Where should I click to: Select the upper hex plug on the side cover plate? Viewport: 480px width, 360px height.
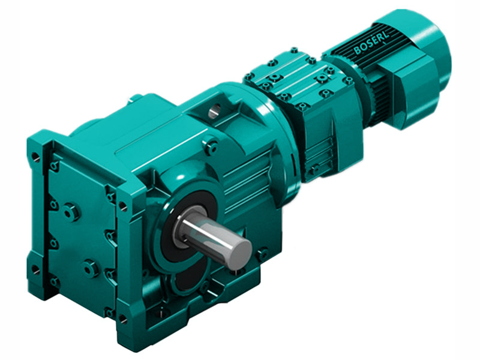(x=70, y=211)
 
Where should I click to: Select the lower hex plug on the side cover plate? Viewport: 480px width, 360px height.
(x=91, y=268)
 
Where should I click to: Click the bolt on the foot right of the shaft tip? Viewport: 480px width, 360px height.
(x=262, y=254)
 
